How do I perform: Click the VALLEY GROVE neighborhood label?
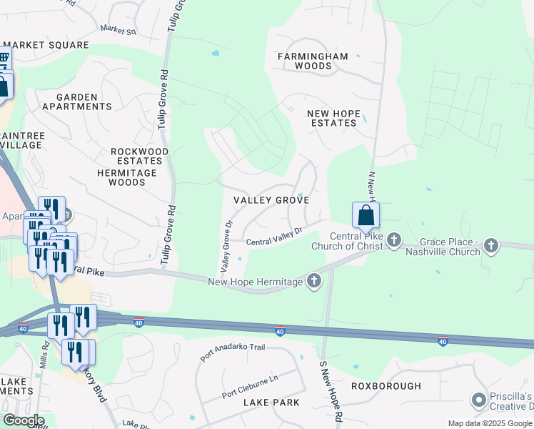(272, 200)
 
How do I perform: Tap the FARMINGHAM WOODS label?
(313, 61)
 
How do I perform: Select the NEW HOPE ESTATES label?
(331, 118)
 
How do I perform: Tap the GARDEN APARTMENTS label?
(77, 102)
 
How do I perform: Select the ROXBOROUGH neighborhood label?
(386, 386)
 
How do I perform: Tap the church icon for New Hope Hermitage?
(313, 281)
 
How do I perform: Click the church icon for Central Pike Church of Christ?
(394, 242)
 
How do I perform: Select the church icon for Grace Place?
(490, 246)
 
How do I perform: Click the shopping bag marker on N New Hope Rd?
(366, 215)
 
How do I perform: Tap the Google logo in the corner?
(24, 420)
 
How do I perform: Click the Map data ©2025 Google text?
(489, 423)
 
